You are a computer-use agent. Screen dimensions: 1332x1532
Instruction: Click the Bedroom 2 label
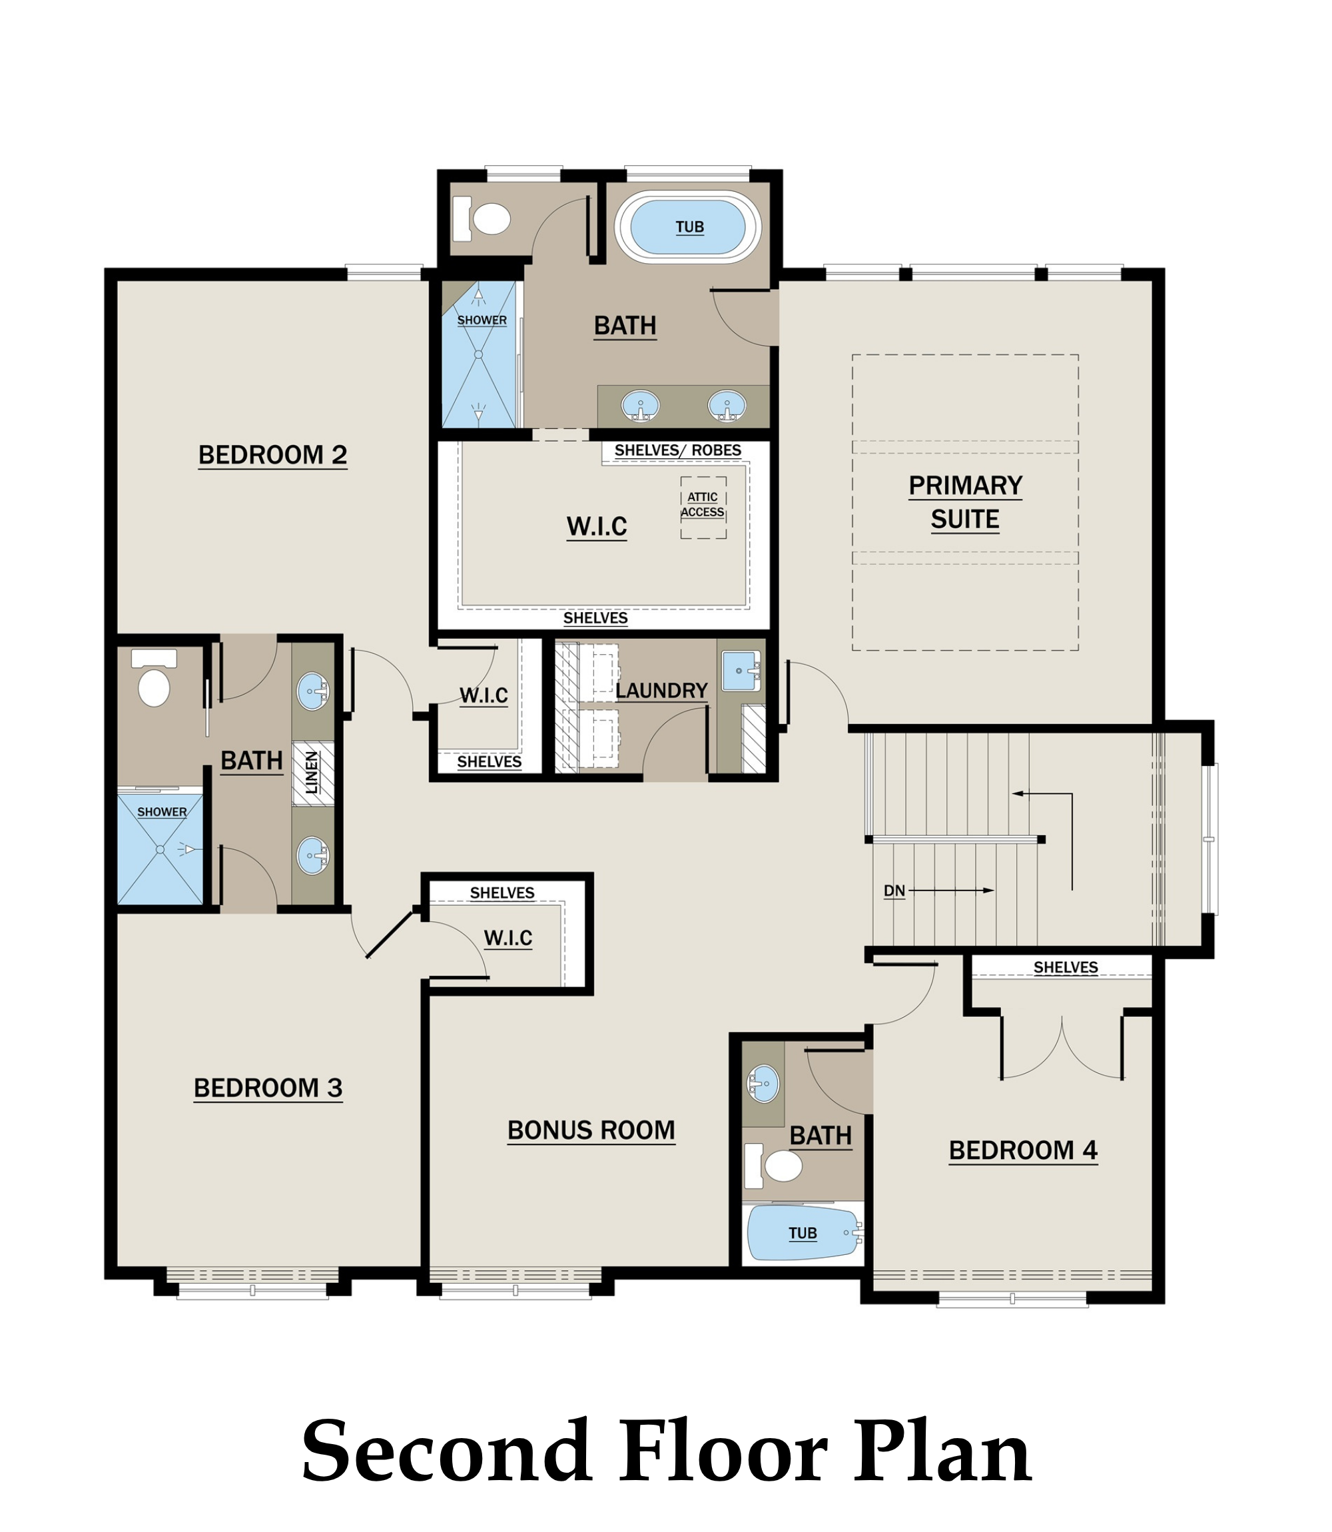[273, 455]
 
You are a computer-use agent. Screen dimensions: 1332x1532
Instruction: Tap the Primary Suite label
[965, 502]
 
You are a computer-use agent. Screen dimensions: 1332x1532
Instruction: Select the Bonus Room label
[591, 1130]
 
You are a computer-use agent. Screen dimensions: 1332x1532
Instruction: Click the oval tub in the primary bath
[688, 226]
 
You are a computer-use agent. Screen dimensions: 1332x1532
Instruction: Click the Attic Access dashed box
[703, 507]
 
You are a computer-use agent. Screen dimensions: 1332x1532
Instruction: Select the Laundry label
[661, 691]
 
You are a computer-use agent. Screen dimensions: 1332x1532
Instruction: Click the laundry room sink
[741, 671]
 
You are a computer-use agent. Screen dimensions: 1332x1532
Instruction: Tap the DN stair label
[894, 891]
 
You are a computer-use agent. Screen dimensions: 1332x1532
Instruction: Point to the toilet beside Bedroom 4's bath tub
[773, 1166]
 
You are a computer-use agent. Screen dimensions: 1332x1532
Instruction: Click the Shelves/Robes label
[677, 450]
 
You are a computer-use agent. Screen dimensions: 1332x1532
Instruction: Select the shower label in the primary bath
[482, 320]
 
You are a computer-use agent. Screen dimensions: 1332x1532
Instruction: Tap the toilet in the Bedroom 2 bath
[154, 678]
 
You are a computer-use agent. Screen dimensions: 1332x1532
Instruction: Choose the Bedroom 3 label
[268, 1088]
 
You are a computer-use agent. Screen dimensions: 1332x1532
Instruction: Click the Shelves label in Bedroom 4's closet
[1065, 967]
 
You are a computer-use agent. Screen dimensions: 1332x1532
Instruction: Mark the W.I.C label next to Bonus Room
[507, 938]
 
